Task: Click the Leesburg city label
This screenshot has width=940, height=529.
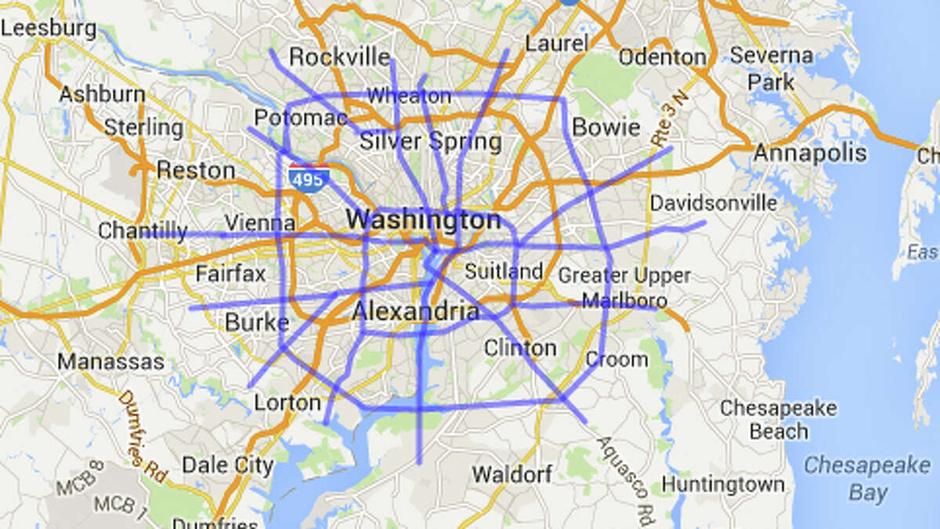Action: (x=49, y=30)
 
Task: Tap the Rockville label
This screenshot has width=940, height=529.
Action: (x=339, y=56)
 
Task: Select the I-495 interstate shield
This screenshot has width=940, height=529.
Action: (x=308, y=178)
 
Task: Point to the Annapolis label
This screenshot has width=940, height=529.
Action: (x=810, y=152)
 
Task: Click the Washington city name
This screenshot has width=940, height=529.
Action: (x=424, y=220)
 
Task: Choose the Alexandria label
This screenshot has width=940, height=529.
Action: (x=415, y=312)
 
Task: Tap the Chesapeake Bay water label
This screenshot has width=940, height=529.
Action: (x=867, y=478)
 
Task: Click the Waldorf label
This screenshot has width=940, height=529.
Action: (x=512, y=474)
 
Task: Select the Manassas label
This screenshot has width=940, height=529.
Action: (x=111, y=362)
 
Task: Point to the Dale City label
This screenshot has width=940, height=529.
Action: (x=228, y=465)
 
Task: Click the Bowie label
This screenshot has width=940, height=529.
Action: (x=606, y=127)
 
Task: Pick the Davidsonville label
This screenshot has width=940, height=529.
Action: (x=714, y=204)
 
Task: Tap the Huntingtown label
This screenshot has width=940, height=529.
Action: (x=722, y=484)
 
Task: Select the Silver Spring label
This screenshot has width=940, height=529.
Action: (x=430, y=142)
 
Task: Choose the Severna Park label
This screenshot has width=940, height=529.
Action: (x=772, y=68)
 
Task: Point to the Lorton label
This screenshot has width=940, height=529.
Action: (x=287, y=403)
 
